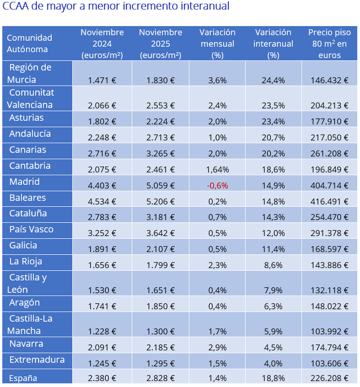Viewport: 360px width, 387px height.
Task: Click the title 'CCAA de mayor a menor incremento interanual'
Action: pos(116,7)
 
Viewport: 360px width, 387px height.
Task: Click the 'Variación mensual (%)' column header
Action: pos(217,44)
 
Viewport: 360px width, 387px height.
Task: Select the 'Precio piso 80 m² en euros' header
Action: pos(329,44)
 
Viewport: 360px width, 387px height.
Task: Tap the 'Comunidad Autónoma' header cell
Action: pos(30,43)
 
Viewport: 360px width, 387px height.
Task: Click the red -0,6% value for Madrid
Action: pos(217,186)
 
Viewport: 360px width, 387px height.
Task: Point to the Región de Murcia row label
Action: pos(30,73)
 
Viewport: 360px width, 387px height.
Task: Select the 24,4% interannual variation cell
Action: pos(273,80)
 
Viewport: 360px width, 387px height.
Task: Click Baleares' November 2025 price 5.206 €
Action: pos(161,201)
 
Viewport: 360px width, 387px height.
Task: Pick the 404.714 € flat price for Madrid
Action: pos(329,186)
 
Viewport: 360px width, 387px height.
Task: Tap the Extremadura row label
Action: pos(37,360)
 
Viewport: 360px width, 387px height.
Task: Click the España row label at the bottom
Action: pos(23,378)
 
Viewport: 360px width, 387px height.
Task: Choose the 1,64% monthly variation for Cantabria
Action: pos(217,170)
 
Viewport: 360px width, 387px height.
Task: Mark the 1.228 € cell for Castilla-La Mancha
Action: pos(102,330)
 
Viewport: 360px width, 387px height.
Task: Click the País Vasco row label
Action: pos(32,229)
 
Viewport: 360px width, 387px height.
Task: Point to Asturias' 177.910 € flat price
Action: pos(329,122)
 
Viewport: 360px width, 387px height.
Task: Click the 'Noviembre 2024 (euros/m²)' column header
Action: pos(102,44)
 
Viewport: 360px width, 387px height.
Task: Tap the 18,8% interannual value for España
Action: pos(273,378)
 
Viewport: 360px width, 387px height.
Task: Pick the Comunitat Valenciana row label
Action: pos(31,98)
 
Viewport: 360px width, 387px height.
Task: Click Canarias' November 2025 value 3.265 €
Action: pos(161,154)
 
